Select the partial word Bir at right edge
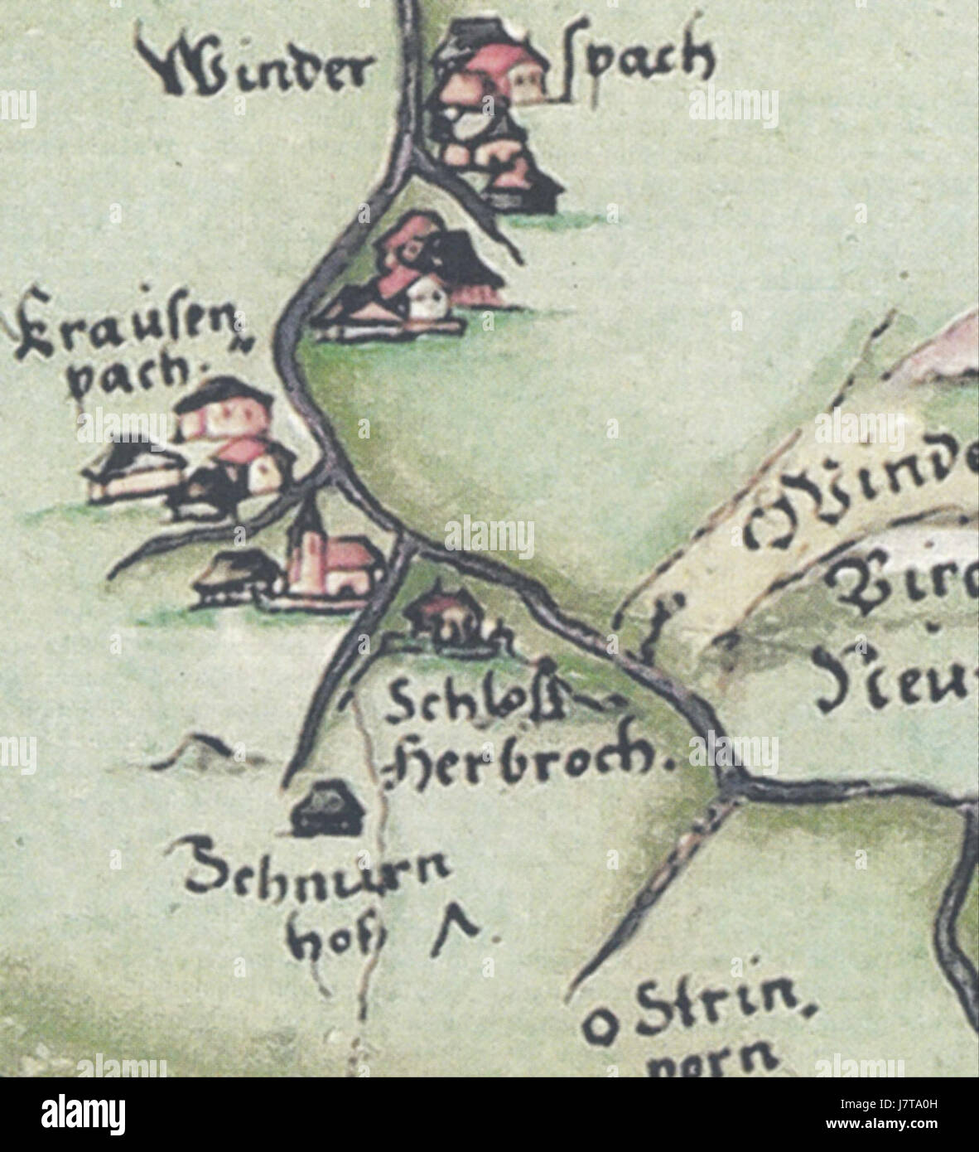tap(903, 585)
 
